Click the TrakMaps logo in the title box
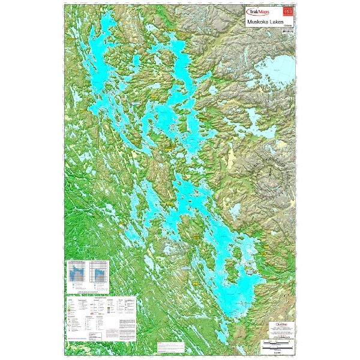point(257,11)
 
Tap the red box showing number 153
point(289,11)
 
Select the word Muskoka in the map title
point(256,22)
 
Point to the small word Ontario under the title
point(287,28)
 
